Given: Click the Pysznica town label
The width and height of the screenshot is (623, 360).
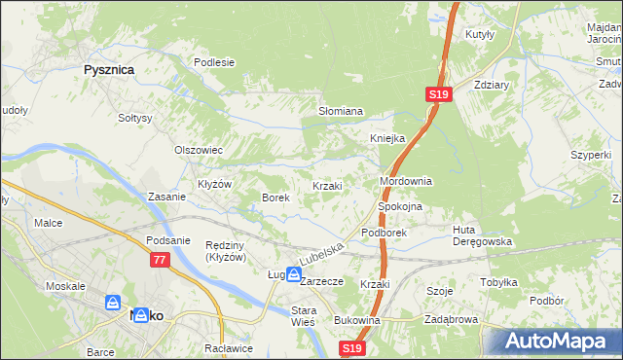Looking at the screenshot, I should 108,70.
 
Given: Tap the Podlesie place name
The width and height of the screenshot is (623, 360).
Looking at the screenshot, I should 214,62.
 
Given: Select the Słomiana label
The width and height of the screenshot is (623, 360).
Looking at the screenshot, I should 341,111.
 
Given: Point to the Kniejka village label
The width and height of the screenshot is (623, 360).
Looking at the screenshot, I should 386,138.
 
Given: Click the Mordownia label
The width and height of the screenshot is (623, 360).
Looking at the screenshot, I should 405,182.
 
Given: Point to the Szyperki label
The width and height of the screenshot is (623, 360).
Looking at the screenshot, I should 591,155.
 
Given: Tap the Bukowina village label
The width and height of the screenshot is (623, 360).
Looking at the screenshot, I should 355,319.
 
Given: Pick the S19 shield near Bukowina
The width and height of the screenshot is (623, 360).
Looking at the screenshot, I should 352,348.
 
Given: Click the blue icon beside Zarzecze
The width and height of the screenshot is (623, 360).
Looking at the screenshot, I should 292,275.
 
